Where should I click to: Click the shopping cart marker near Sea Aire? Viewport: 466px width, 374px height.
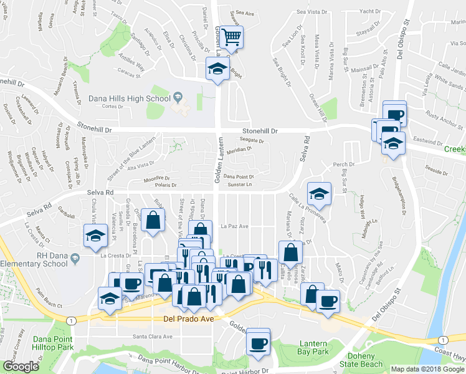(x=232, y=37)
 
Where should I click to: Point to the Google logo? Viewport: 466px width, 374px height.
(x=21, y=367)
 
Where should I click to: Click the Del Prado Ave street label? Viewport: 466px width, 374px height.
(x=184, y=319)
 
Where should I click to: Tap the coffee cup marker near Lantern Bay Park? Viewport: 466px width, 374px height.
(x=257, y=342)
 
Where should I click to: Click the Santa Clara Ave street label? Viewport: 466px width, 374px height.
(x=152, y=337)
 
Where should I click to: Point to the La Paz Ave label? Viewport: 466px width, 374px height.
(x=235, y=226)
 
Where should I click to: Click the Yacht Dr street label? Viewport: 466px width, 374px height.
(x=370, y=11)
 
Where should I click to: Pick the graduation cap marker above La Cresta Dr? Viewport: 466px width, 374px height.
(x=95, y=236)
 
